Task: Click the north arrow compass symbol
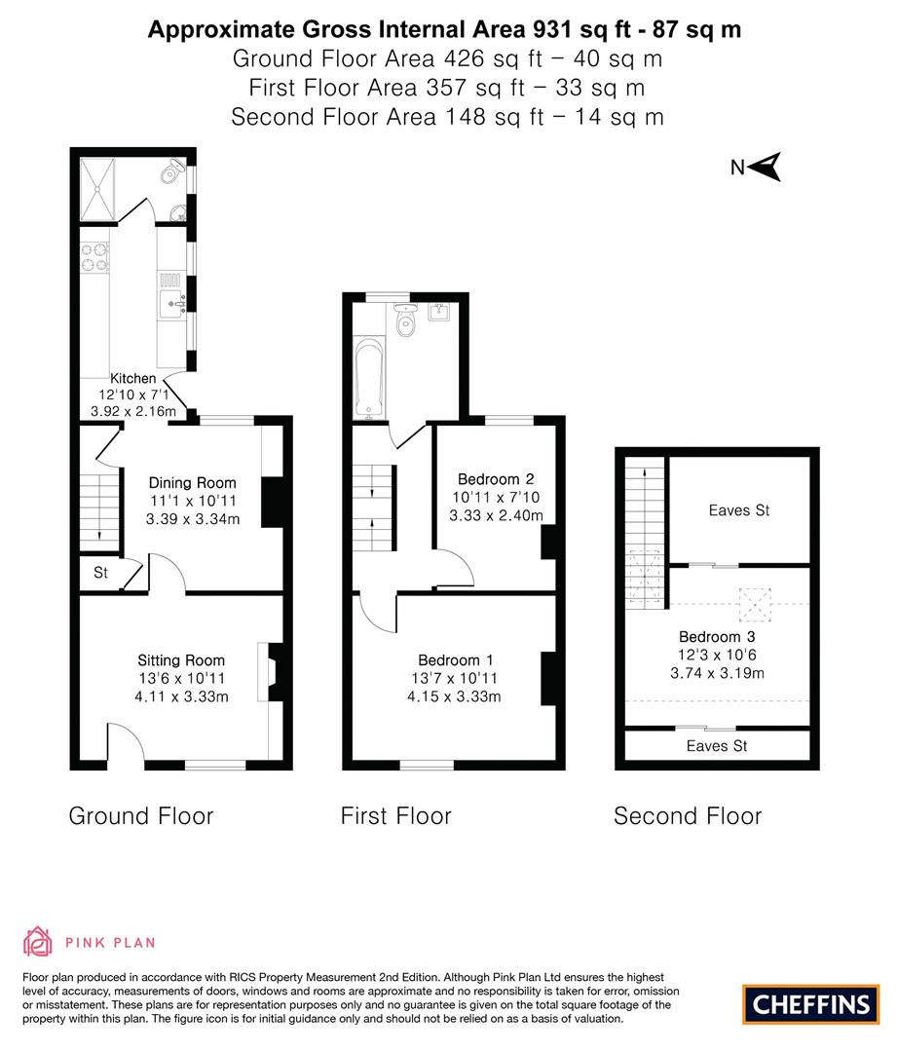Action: click(x=768, y=167)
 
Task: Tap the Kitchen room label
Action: click(x=132, y=379)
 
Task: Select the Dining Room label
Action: click(x=192, y=483)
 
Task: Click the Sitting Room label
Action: click(x=181, y=660)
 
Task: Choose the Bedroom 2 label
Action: click(x=496, y=479)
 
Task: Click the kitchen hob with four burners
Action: click(x=94, y=255)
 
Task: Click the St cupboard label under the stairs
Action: click(x=100, y=574)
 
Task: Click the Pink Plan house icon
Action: click(x=36, y=941)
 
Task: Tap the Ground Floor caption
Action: click(x=140, y=816)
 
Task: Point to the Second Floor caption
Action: click(x=688, y=816)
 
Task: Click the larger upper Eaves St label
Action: click(x=739, y=510)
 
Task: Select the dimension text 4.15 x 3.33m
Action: click(x=454, y=696)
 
